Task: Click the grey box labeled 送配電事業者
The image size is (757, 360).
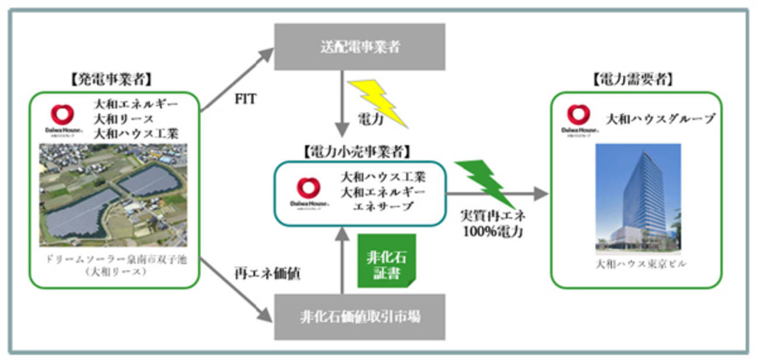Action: (x=359, y=47)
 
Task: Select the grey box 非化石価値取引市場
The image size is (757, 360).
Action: (x=359, y=317)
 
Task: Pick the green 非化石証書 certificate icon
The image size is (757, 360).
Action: (x=386, y=260)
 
